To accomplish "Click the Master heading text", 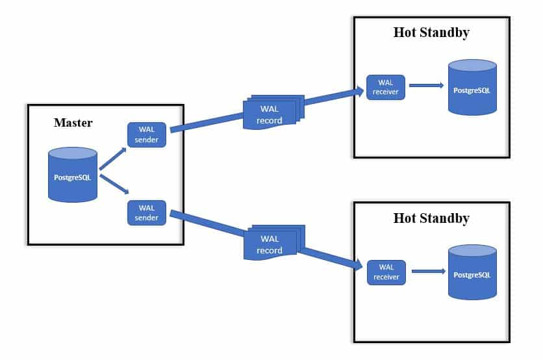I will point(73,122).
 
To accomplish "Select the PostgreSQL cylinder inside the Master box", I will point(73,174).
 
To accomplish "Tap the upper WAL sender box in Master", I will point(147,134).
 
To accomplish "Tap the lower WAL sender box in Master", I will point(147,212).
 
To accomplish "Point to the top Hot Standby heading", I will point(431,32).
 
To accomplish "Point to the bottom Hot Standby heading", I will point(431,218).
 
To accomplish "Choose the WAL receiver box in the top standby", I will point(386,87).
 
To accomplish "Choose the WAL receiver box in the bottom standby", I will point(386,272).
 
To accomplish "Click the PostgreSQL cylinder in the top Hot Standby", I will point(472,88).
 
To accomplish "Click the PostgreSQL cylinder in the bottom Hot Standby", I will point(472,273).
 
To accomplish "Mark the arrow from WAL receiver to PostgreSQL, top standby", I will point(426,85).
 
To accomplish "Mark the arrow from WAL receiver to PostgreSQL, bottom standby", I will point(427,271).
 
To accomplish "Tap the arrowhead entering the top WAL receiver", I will point(358,90).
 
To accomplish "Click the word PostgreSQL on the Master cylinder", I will point(73,176).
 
